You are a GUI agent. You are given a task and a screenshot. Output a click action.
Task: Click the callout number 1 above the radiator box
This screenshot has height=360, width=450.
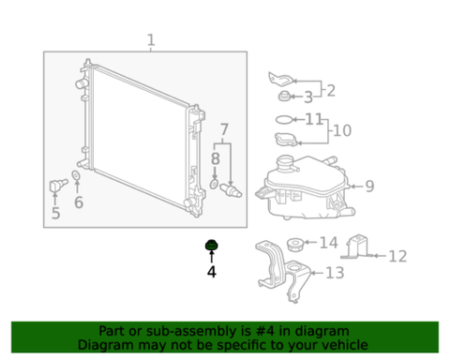tap(151, 40)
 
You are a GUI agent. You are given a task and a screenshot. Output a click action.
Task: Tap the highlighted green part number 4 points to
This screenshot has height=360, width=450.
tap(212, 245)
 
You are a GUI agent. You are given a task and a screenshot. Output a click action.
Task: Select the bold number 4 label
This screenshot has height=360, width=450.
tap(212, 272)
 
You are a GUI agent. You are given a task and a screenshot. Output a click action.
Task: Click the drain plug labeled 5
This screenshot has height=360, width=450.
tap(58, 186)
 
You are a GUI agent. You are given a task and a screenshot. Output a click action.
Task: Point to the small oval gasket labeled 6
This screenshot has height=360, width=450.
tap(76, 175)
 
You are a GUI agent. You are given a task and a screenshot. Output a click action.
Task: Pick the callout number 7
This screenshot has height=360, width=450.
tap(224, 129)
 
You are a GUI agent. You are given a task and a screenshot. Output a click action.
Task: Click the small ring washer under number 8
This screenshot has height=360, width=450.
tap(214, 184)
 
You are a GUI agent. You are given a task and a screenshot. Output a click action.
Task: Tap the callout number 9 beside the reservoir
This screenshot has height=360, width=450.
tap(369, 187)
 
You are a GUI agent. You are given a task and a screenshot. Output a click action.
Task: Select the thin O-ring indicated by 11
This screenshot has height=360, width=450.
tap(285, 119)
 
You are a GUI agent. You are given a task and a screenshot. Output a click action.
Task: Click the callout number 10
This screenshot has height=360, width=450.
tap(342, 130)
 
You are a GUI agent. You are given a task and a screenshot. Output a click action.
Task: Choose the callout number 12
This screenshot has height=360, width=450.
tap(397, 256)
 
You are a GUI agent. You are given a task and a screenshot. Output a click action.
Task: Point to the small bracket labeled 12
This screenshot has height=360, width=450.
tap(357, 247)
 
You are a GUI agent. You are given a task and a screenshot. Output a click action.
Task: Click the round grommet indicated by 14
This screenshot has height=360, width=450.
tap(294, 245)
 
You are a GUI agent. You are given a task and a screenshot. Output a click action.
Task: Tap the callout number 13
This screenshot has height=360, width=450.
tap(335, 273)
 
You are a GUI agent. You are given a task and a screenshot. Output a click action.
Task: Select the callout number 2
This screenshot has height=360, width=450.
tap(331, 91)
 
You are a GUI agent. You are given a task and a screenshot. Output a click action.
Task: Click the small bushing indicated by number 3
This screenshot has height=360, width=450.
tap(284, 96)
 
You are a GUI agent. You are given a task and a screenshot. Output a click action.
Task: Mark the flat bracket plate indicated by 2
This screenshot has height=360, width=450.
tap(281, 79)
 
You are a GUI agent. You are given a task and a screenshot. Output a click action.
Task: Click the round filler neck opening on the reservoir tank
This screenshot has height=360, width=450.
tap(284, 162)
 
